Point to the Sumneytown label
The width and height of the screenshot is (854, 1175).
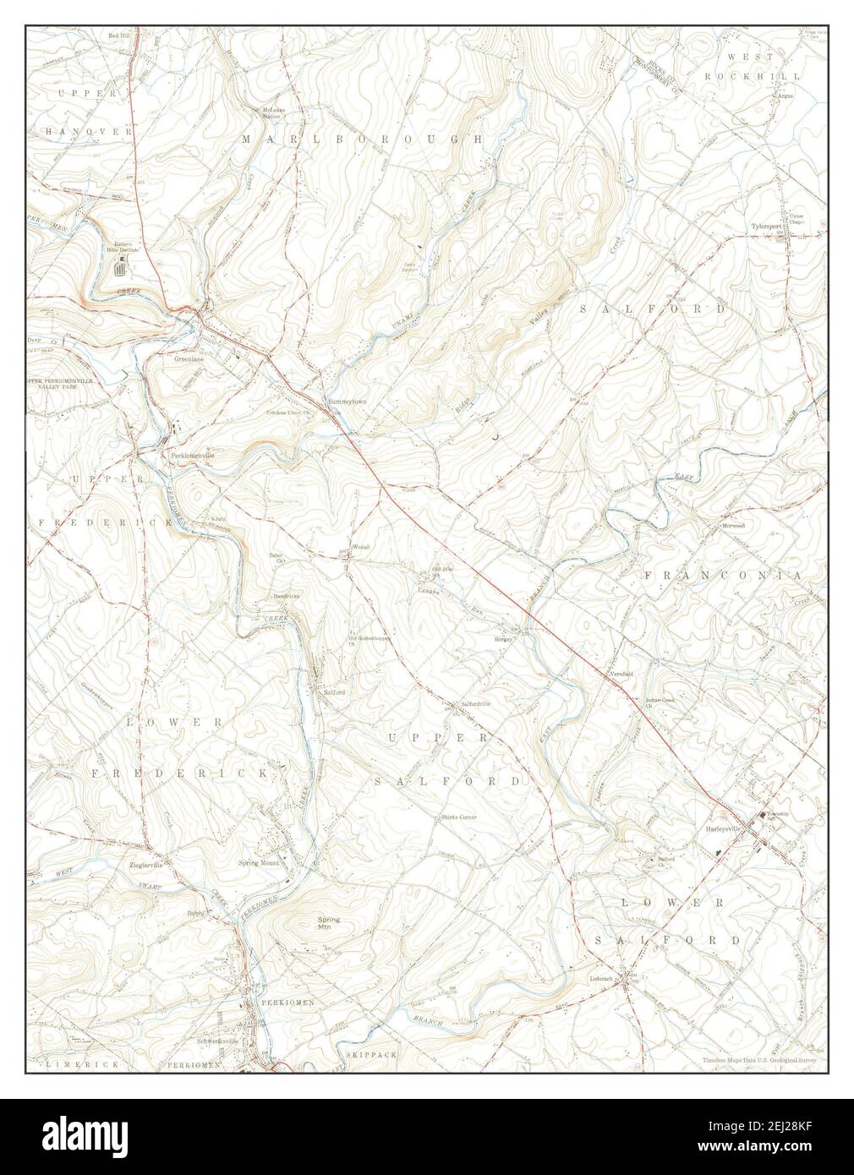[348, 402]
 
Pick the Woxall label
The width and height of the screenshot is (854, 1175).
[361, 547]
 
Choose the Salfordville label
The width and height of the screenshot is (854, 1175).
[475, 703]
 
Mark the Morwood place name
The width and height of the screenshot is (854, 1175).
[731, 525]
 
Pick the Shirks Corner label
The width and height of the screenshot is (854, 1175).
[458, 817]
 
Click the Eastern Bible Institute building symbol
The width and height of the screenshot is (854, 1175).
[121, 269]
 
